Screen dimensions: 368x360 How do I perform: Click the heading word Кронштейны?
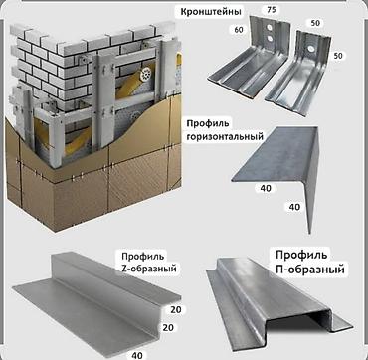point(211,12)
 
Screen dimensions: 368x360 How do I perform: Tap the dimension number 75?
point(273,10)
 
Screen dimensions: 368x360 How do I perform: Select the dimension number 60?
point(238,30)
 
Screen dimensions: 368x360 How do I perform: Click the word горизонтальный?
point(225,136)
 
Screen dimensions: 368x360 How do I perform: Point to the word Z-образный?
point(149,269)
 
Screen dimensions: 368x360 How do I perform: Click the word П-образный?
point(310,269)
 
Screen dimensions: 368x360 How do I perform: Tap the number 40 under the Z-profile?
point(136,355)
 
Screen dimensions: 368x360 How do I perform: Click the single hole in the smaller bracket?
point(311,48)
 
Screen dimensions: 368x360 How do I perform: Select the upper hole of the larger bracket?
point(271,27)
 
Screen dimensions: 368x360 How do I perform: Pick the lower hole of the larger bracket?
point(271,39)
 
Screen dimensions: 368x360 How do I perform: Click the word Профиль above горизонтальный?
point(208,123)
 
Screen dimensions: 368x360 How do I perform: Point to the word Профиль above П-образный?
point(301,255)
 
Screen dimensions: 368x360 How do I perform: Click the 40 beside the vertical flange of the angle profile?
point(294,207)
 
